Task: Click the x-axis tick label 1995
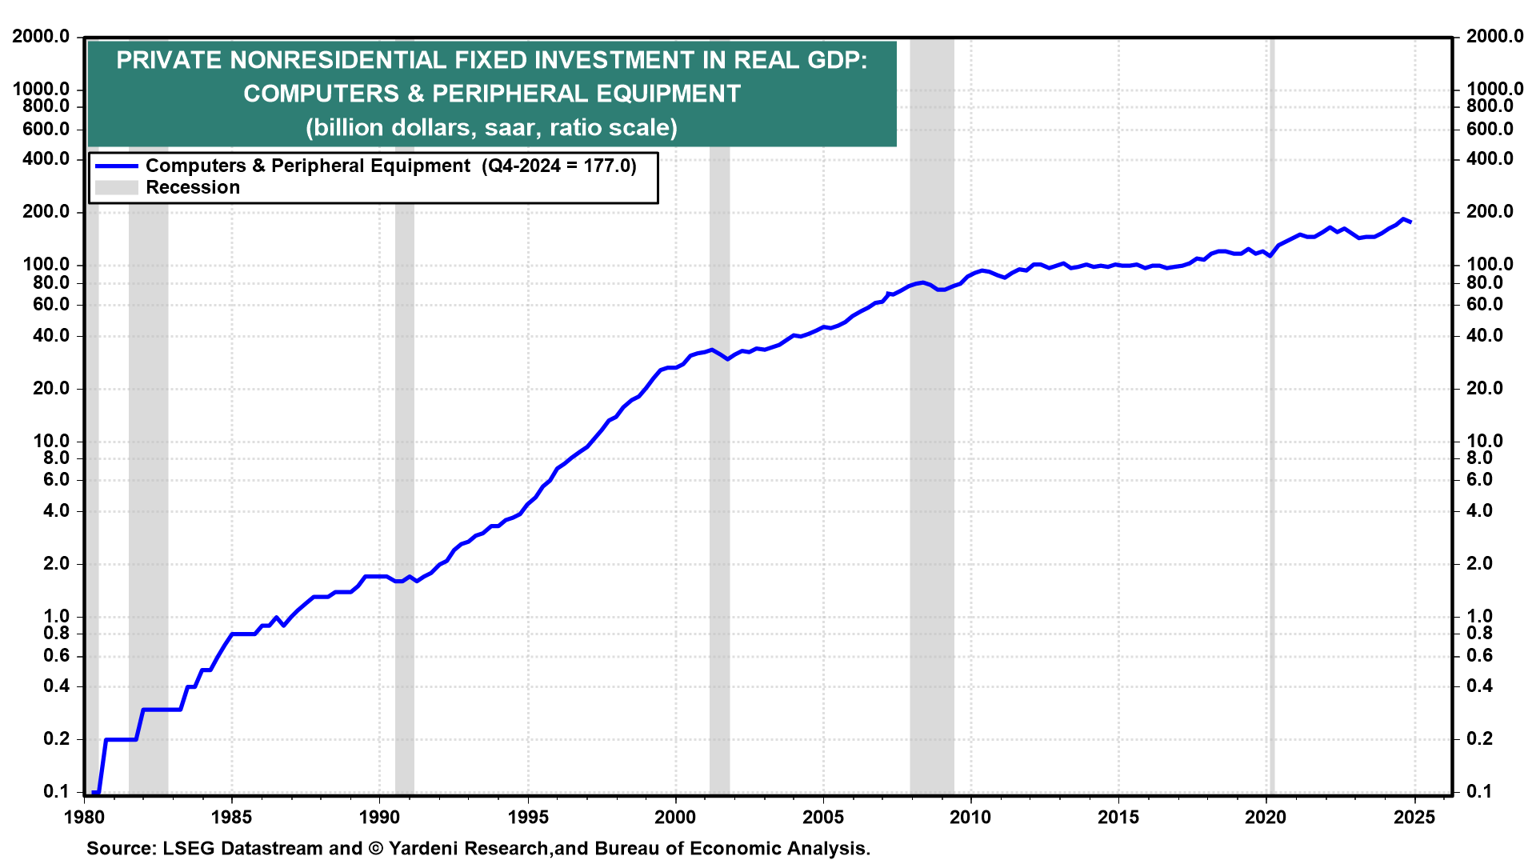tap(527, 817)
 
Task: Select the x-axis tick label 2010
tap(970, 817)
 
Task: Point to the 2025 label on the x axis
tap(1414, 817)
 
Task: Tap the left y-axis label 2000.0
tap(41, 36)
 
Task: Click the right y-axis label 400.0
tap(1490, 158)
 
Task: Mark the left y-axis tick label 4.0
tap(51, 510)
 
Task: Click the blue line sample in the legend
tap(116, 166)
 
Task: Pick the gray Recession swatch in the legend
tap(116, 188)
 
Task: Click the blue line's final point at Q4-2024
tap(1410, 222)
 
